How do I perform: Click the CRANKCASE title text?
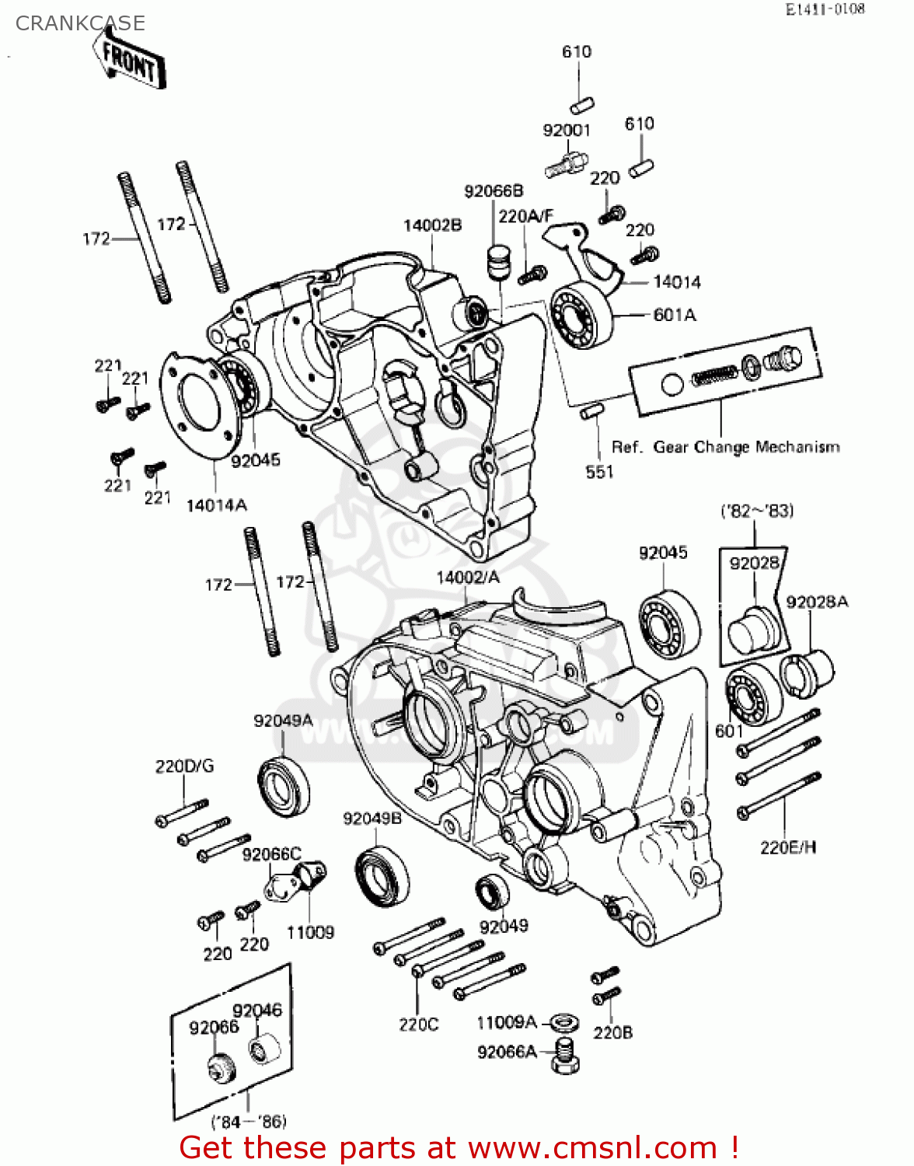80,23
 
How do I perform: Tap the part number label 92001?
566,131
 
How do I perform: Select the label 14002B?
432,225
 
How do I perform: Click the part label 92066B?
494,191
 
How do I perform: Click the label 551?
599,472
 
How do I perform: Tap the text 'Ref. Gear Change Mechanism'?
725,447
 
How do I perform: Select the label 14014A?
216,505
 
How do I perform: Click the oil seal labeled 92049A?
283,785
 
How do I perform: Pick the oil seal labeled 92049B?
382,878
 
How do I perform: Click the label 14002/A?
468,578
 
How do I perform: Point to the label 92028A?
817,602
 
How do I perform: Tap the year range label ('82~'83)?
757,511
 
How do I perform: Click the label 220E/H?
788,847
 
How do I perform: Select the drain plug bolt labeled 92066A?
565,1056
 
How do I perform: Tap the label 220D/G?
184,766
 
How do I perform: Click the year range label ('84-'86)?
249,1121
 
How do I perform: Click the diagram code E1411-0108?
825,9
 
